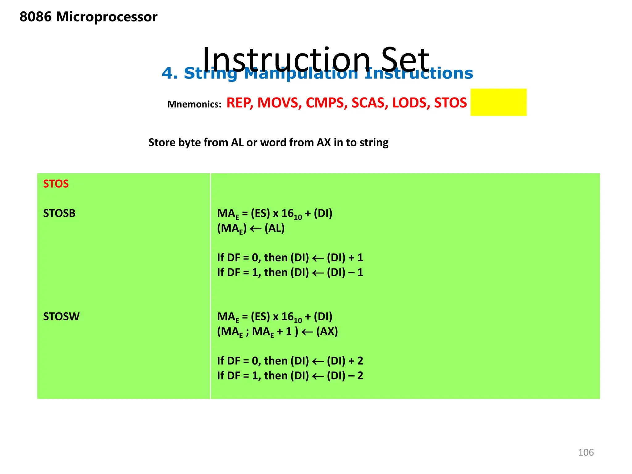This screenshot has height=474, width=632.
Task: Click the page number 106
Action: tap(586, 452)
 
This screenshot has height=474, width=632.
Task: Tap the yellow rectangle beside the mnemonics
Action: tap(498, 102)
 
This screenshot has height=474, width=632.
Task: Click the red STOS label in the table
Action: tap(56, 184)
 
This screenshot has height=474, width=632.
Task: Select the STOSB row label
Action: tap(59, 213)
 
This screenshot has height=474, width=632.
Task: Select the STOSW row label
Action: tap(61, 317)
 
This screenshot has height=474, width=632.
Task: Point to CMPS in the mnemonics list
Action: tap(326, 103)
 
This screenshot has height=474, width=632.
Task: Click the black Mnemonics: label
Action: tap(194, 104)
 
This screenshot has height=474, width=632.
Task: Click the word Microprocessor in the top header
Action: tap(106, 17)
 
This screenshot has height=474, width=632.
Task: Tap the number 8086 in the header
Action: tap(35, 17)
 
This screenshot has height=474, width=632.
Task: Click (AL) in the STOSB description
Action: tap(274, 228)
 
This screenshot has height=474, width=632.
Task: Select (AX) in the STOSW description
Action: tap(327, 331)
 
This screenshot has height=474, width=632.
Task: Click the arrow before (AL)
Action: tap(255, 229)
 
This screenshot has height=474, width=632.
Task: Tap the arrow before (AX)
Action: tap(307, 332)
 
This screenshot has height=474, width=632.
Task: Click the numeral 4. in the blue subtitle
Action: tap(170, 73)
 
